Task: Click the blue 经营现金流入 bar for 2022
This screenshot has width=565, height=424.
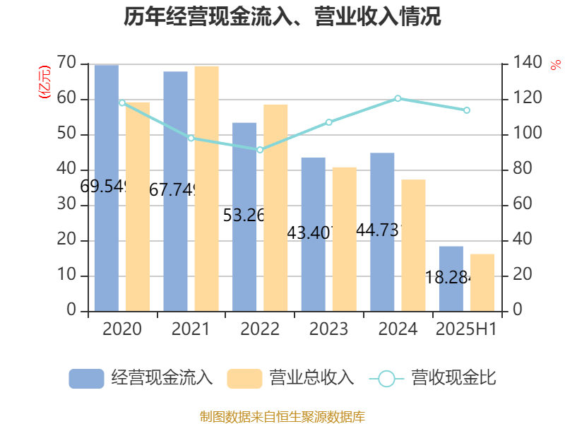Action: pos(244,216)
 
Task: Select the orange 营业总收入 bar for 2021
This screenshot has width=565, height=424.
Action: pos(206,188)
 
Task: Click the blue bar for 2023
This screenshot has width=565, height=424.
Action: pos(313,233)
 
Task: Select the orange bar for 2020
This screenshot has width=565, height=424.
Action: pos(138,206)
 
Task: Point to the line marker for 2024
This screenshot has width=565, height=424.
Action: pos(398,98)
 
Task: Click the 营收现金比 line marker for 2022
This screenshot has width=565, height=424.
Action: pos(260,150)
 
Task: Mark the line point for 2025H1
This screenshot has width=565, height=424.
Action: pos(466,110)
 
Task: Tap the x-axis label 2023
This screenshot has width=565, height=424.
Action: pos(328,329)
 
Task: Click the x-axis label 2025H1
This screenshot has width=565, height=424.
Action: pos(466,329)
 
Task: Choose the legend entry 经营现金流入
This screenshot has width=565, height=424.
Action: pos(141,378)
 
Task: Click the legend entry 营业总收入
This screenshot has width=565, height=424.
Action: pos(290,378)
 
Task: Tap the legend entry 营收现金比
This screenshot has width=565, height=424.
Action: pos(432,378)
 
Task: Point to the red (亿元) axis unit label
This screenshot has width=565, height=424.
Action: pos(44,81)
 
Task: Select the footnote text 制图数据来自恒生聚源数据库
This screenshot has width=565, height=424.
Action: pos(282,416)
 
